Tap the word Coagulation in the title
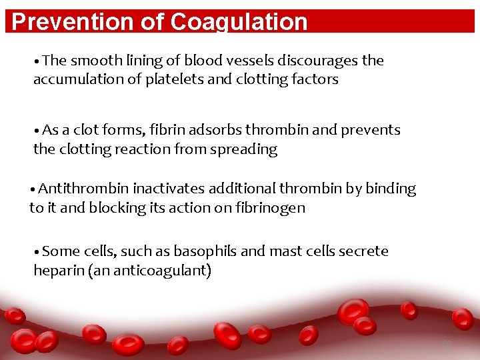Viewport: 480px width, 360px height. coord(239,22)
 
